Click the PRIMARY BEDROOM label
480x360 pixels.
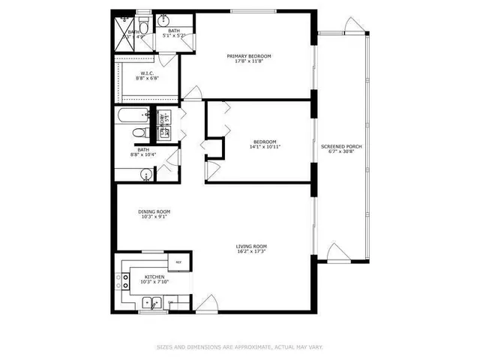[x=250, y=56]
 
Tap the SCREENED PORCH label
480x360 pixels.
[x=341, y=146]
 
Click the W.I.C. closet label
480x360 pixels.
[x=147, y=73]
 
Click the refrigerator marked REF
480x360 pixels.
[x=178, y=262]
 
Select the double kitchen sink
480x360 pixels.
[x=152, y=304]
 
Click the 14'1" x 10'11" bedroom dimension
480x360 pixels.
[x=265, y=148]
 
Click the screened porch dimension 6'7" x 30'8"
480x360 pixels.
[x=341, y=152]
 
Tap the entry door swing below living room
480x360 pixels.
[x=205, y=304]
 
